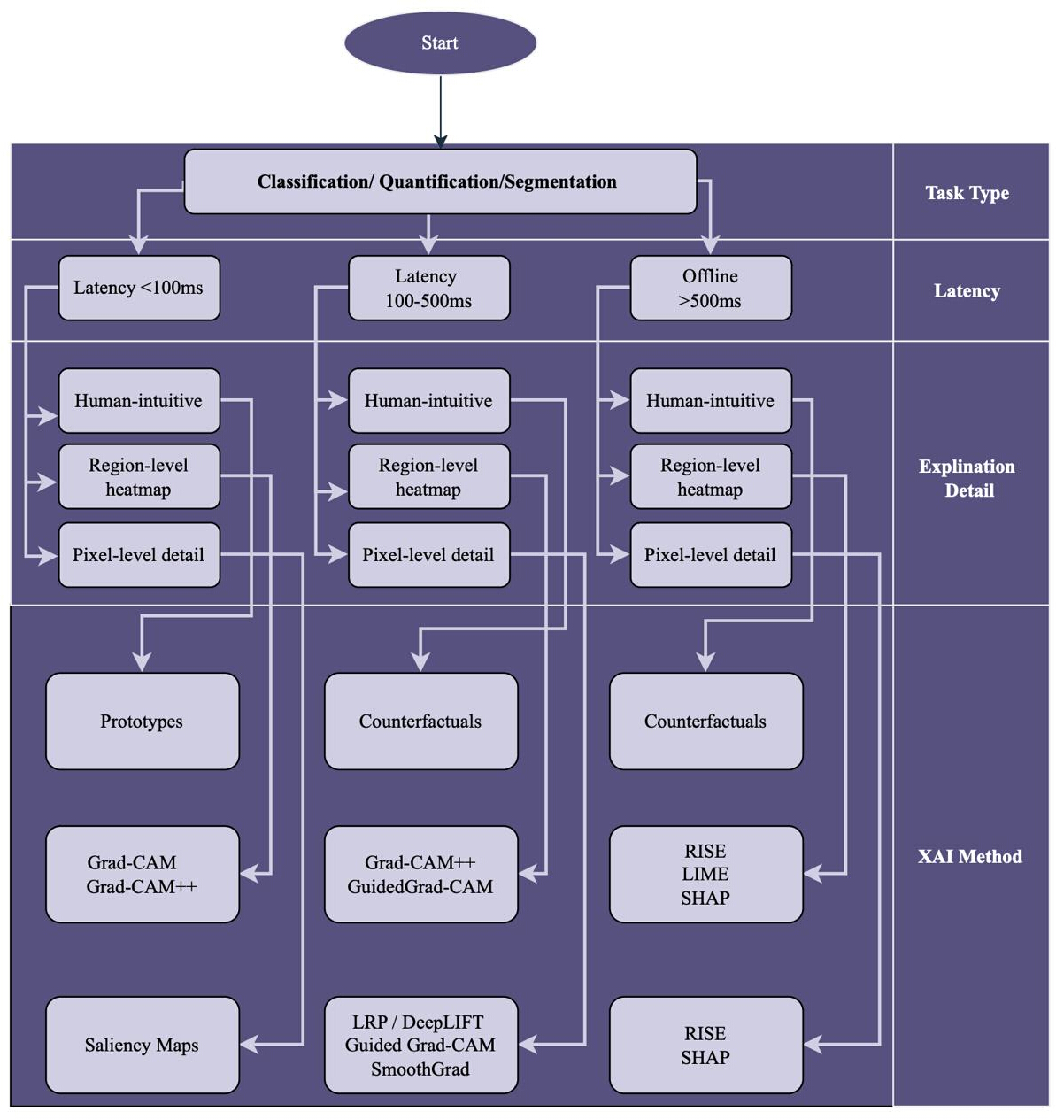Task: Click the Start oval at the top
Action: (x=440, y=42)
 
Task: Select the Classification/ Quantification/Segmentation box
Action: (x=440, y=181)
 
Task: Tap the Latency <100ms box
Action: (x=139, y=288)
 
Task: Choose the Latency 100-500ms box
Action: (x=428, y=288)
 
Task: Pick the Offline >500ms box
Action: (x=711, y=288)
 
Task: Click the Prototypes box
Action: (x=142, y=722)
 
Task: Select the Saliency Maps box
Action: (x=142, y=1045)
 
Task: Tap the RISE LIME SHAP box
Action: (x=705, y=874)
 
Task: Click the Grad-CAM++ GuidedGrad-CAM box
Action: (x=421, y=874)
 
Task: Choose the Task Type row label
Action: (x=967, y=193)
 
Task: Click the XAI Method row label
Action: (x=970, y=856)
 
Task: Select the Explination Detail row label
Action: (x=967, y=478)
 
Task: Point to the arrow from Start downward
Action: (x=441, y=112)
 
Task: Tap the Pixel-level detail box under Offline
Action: (x=711, y=555)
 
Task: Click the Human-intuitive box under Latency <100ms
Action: (x=139, y=401)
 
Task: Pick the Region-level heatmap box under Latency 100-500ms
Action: (x=428, y=476)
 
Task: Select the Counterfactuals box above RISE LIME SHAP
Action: (x=705, y=722)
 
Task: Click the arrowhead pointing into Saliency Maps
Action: (x=249, y=1045)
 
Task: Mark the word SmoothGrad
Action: (x=420, y=1069)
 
